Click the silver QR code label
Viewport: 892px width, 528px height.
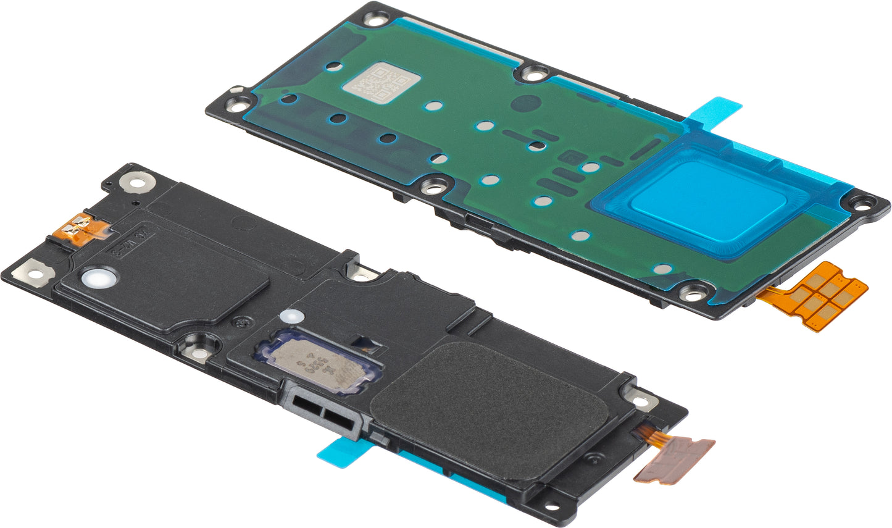point(381,85)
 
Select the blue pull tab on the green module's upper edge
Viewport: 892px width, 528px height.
point(716,109)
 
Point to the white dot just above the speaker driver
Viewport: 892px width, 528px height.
point(288,316)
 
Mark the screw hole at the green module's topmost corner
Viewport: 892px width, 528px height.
point(375,18)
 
